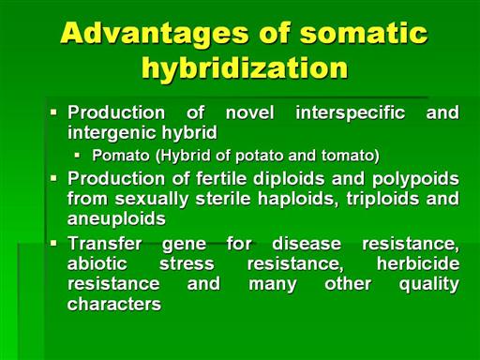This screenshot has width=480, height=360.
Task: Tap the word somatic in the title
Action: coord(364,33)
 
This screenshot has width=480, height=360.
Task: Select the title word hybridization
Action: coord(245,69)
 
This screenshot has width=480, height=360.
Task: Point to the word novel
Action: coord(250,112)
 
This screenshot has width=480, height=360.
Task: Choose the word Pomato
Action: coord(121,156)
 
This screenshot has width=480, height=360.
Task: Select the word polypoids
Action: coord(415,180)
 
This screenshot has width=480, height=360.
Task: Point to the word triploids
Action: coord(382,200)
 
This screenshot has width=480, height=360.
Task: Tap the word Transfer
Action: coord(105,244)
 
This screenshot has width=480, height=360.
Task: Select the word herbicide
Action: coord(418,263)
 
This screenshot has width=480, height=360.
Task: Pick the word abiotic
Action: coord(97,263)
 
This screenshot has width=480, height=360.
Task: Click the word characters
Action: coord(114,304)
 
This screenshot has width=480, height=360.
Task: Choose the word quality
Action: coord(429,285)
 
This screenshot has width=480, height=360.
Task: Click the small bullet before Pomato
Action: coord(77,155)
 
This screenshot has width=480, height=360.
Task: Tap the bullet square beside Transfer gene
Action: coord(53,243)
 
